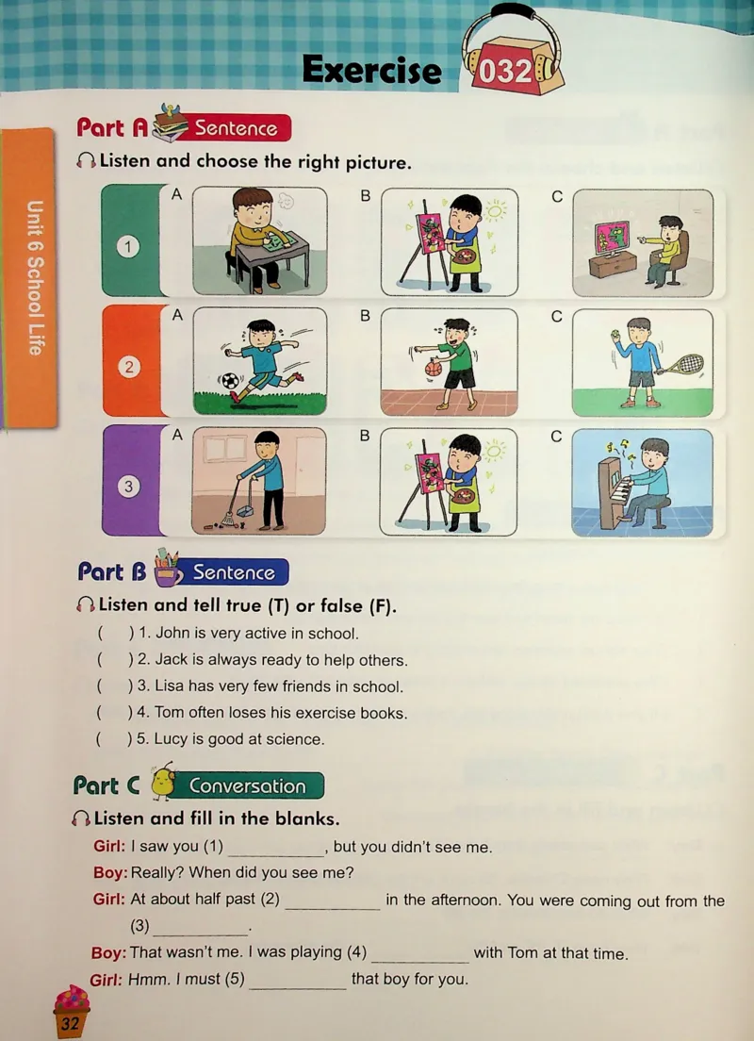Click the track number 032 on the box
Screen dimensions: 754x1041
coord(505,71)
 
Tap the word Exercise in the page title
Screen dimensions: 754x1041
coord(371,70)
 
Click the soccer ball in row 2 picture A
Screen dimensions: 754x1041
coord(230,381)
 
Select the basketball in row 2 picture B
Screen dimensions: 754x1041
coord(434,367)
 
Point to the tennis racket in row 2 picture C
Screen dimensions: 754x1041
coord(683,365)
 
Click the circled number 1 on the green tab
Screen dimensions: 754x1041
coord(128,247)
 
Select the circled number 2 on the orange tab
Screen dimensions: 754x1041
coord(129,367)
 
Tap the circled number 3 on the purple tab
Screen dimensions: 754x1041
coord(129,486)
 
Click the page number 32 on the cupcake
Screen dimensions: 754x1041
coord(70,1023)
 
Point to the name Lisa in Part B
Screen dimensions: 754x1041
coord(170,686)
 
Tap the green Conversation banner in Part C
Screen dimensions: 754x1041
coord(248,785)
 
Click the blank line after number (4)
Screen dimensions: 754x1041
coord(420,961)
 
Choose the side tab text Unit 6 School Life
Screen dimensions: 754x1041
coord(35,277)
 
